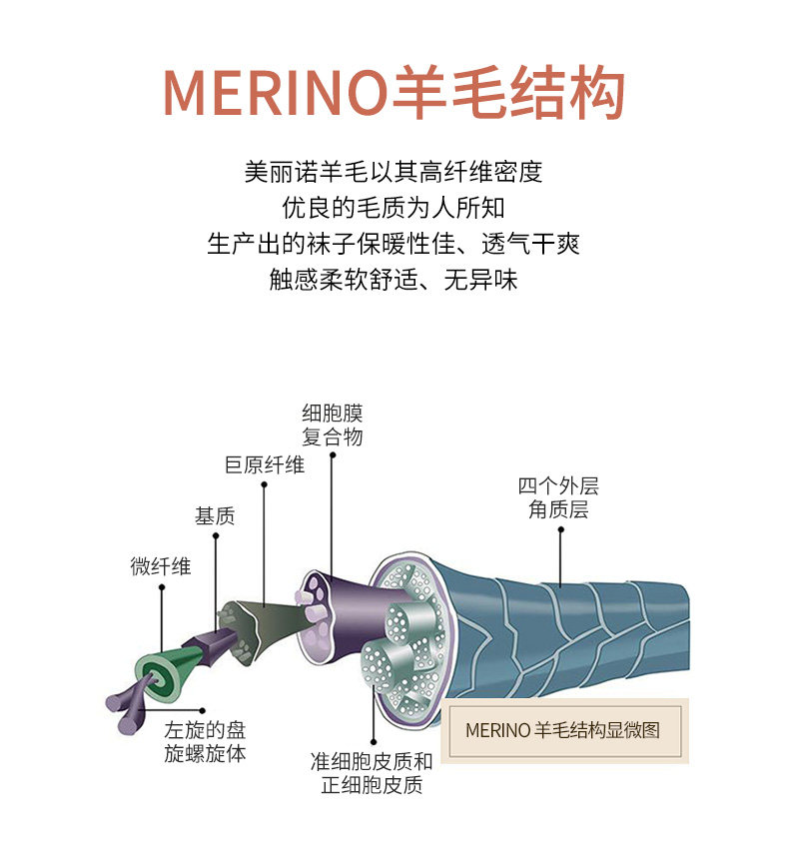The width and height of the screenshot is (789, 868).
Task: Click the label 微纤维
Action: pyautogui.click(x=160, y=566)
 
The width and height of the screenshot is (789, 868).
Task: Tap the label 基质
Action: pyautogui.click(x=214, y=516)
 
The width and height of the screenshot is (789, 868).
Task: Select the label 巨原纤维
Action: pyautogui.click(x=265, y=464)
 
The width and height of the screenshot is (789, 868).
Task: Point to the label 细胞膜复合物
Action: pyautogui.click(x=333, y=425)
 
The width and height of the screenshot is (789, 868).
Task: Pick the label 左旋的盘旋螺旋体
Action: pyautogui.click(x=205, y=740)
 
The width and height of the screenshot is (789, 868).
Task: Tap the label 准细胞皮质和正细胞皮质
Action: pyautogui.click(x=372, y=772)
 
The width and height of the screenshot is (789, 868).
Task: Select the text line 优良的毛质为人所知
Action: pyautogui.click(x=394, y=208)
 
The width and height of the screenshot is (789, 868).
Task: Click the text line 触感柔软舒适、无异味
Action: pyautogui.click(x=394, y=280)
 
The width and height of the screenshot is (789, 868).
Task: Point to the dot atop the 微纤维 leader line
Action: pyautogui.click(x=161, y=588)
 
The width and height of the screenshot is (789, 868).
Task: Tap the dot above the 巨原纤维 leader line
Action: pyautogui.click(x=265, y=485)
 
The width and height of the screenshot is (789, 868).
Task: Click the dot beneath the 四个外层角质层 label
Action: pyautogui.click(x=560, y=530)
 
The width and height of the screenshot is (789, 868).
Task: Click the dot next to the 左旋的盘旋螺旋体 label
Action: pyautogui.click(x=203, y=712)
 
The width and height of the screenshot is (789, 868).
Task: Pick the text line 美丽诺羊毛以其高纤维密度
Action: pyautogui.click(x=394, y=171)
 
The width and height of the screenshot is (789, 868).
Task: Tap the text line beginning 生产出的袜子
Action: pyautogui.click(x=394, y=244)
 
